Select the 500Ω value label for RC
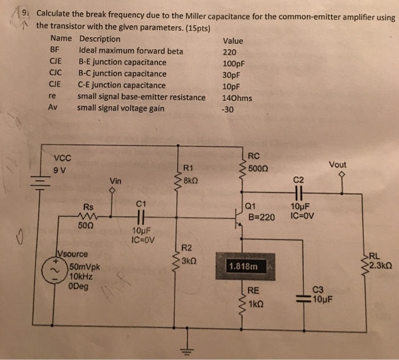[261, 169]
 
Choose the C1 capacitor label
[142, 202]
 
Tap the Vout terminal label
[337, 165]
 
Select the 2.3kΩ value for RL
[382, 265]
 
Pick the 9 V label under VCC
[61, 169]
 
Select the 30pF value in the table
[232, 74]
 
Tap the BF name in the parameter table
[56, 51]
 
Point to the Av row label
[54, 108]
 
